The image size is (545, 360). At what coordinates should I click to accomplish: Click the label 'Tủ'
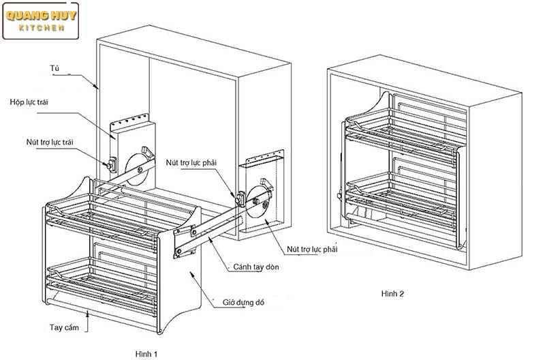[54, 69]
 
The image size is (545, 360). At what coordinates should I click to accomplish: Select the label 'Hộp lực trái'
[32, 102]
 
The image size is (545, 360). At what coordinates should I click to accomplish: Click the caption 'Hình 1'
[146, 353]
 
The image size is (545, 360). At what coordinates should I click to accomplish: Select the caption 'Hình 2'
[393, 293]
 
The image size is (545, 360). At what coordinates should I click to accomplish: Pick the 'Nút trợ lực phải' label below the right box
[313, 250]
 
